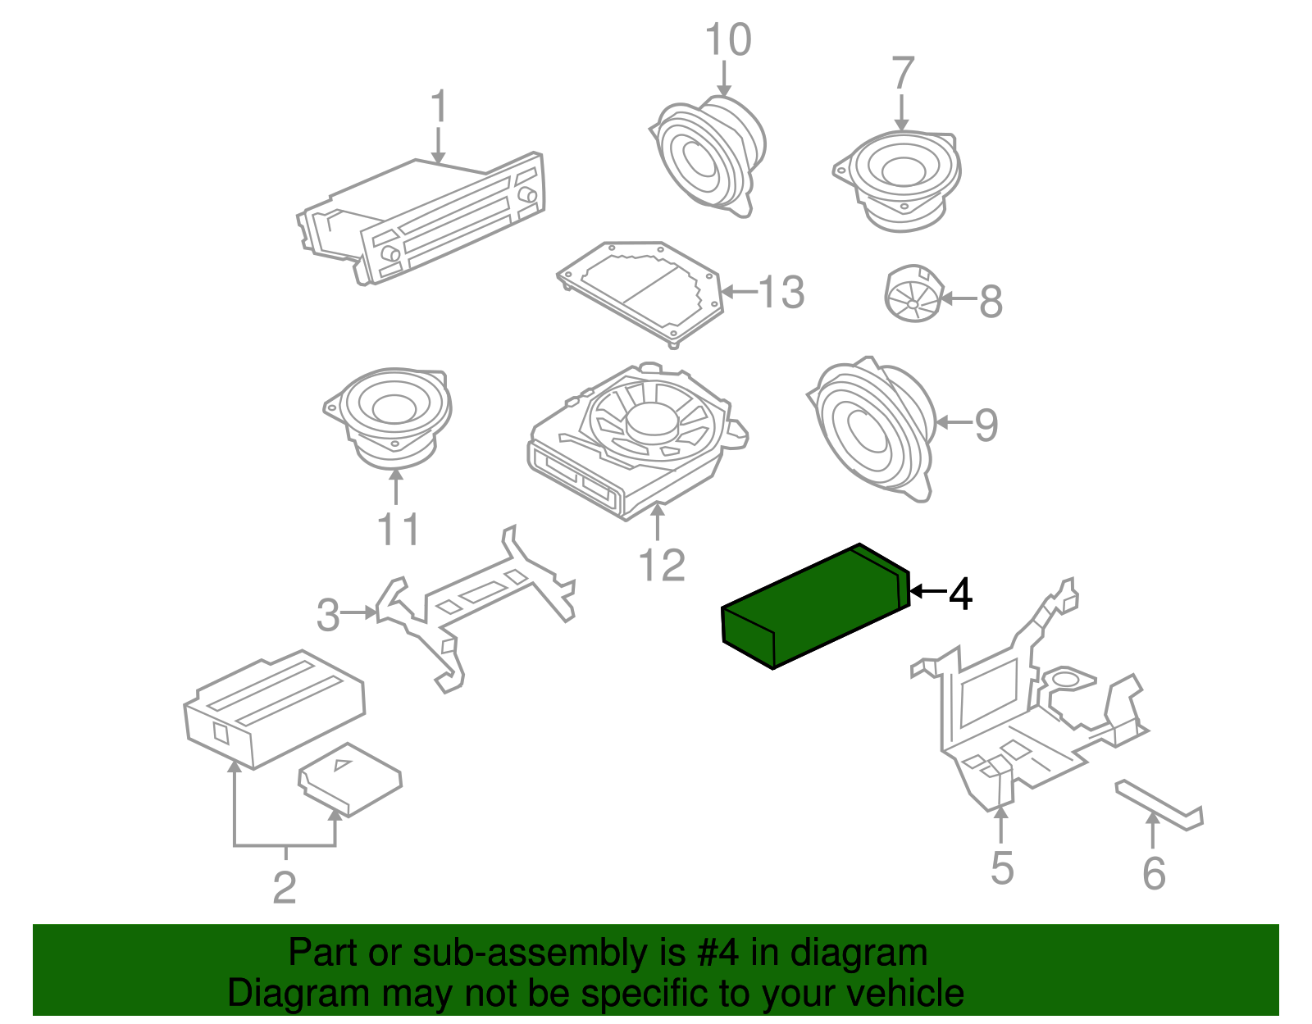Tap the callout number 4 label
pyautogui.click(x=959, y=594)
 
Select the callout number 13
pyautogui.click(x=781, y=293)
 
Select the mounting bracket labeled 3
pyautogui.click(x=476, y=603)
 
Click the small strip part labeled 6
pyautogui.click(x=1158, y=805)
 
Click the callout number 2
pyautogui.click(x=284, y=888)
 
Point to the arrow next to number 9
pyautogui.click(x=951, y=423)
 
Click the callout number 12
pyautogui.click(x=661, y=565)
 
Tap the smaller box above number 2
pyautogui.click(x=350, y=778)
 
